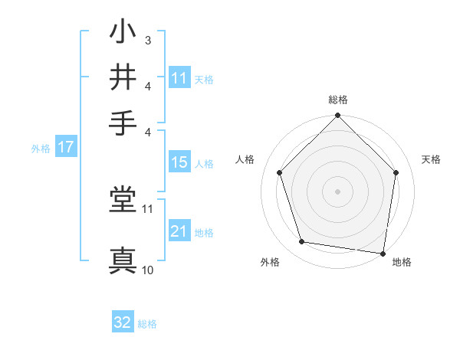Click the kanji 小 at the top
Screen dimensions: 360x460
(123, 34)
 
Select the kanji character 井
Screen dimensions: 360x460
(123, 77)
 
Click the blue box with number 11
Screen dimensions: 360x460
(179, 78)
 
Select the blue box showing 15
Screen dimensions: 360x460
(179, 162)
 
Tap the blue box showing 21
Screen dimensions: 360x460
(179, 231)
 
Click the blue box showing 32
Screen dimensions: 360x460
(123, 323)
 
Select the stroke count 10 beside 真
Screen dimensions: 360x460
(148, 270)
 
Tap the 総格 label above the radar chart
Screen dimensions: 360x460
(337, 100)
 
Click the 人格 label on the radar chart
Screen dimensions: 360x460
(245, 159)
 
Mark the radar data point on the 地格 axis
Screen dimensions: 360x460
(383, 253)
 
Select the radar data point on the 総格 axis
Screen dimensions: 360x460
(337, 117)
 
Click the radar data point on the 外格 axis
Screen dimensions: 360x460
(302, 242)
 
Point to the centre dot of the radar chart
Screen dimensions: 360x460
(337, 191)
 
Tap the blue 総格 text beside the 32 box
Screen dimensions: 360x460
(147, 324)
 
